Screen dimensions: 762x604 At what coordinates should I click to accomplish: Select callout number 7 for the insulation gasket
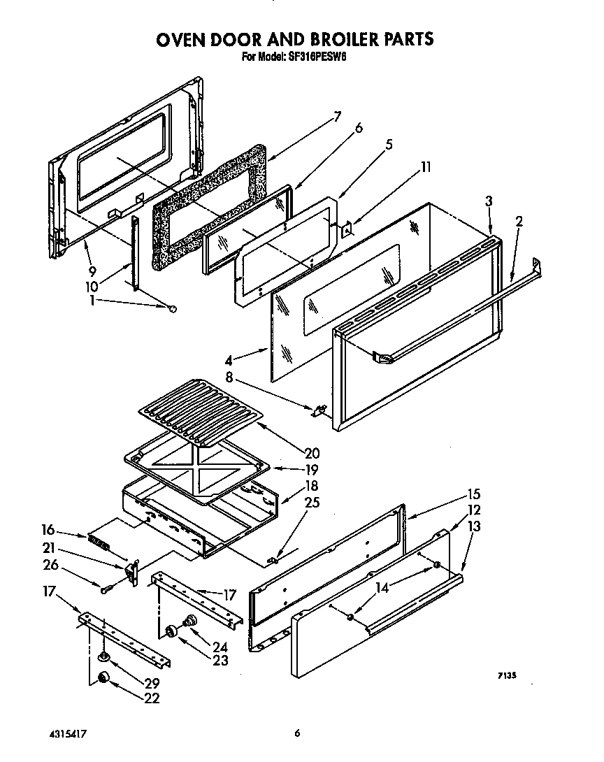pyautogui.click(x=337, y=117)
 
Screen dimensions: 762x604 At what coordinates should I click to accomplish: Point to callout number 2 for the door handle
pyautogui.click(x=519, y=222)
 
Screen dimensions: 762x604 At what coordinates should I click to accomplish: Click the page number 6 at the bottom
pyautogui.click(x=298, y=733)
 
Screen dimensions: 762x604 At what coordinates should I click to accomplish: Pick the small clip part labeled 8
pyautogui.click(x=319, y=410)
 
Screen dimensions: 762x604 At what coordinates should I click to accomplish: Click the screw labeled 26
pyautogui.click(x=105, y=589)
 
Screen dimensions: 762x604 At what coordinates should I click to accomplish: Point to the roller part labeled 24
pyautogui.click(x=188, y=620)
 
